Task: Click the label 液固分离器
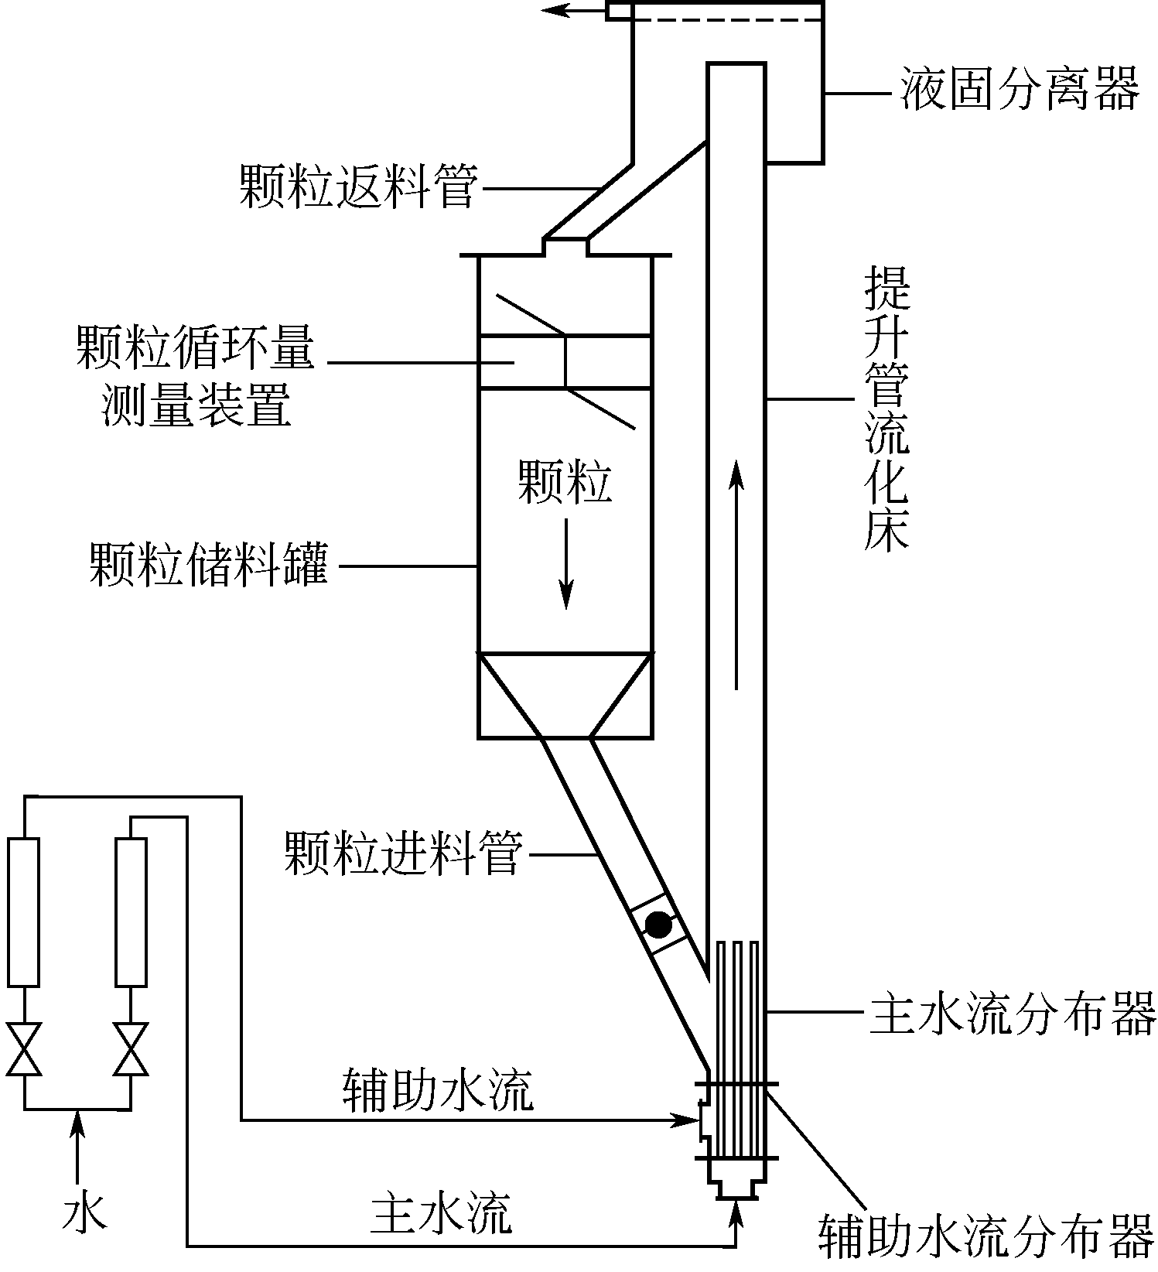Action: coord(1020,90)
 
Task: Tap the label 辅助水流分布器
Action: coord(986,1235)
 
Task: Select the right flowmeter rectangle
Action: coord(131,913)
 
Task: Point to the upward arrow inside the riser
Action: coord(736,573)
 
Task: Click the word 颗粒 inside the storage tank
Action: coord(565,484)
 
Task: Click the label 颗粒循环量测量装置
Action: coord(196,377)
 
